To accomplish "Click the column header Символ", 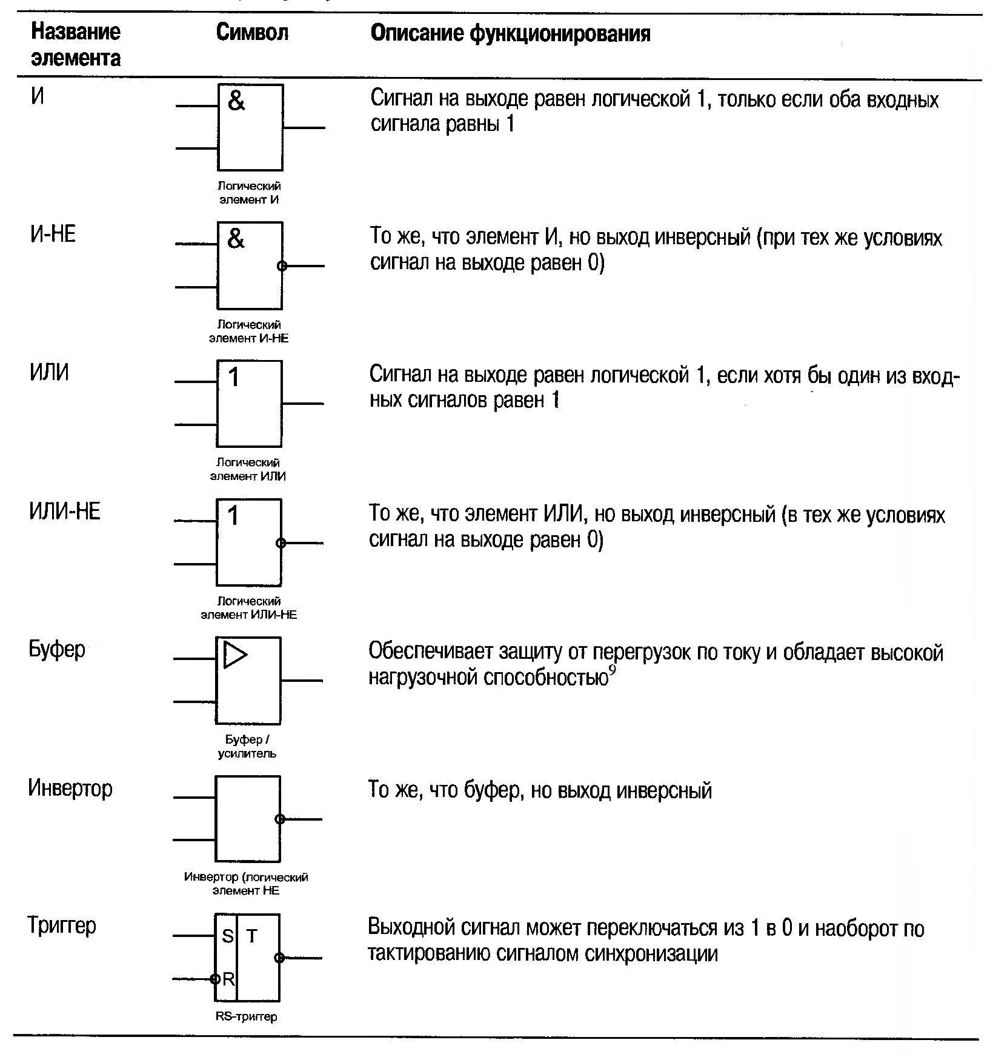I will click(x=252, y=33).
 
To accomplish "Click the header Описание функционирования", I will click(x=510, y=33).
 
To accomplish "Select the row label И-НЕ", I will click(x=53, y=234).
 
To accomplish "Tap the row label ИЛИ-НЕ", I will click(x=64, y=512).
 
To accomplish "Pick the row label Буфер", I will click(x=56, y=650).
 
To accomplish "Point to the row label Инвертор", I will click(x=70, y=789).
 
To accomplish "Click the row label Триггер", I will click(x=62, y=926).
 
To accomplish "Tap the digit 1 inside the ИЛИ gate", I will click(x=234, y=378).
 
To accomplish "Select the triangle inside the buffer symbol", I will click(x=234, y=655).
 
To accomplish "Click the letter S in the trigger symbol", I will click(x=228, y=937).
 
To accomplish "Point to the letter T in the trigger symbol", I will click(x=252, y=937).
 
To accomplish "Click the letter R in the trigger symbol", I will click(x=228, y=978).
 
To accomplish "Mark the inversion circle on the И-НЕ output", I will click(x=281, y=265).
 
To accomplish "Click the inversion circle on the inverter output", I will click(x=280, y=819).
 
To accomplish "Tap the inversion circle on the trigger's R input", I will click(x=214, y=979).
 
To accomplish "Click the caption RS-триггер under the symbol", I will click(x=247, y=1016).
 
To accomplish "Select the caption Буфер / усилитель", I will click(x=247, y=747).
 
